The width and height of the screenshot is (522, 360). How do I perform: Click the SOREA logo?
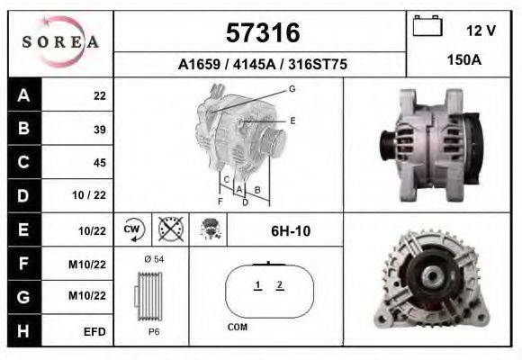click(60, 42)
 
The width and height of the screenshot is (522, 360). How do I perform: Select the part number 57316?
click(261, 33)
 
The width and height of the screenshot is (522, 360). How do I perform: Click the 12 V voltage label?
click(481, 31)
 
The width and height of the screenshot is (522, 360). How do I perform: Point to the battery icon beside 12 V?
click(427, 27)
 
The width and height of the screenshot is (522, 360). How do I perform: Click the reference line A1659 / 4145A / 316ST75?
click(261, 65)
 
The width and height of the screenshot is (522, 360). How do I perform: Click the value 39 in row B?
click(99, 129)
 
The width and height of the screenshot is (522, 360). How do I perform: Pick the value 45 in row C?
click(99, 163)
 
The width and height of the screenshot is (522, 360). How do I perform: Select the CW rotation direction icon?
click(133, 229)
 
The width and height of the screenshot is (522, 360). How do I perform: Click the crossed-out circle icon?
click(168, 229)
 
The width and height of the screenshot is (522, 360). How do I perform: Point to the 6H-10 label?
click(291, 231)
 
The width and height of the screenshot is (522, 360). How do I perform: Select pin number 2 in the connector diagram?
click(280, 285)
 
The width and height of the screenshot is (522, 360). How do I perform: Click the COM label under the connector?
click(237, 328)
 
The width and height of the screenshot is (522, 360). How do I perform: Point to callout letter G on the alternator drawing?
click(292, 88)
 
